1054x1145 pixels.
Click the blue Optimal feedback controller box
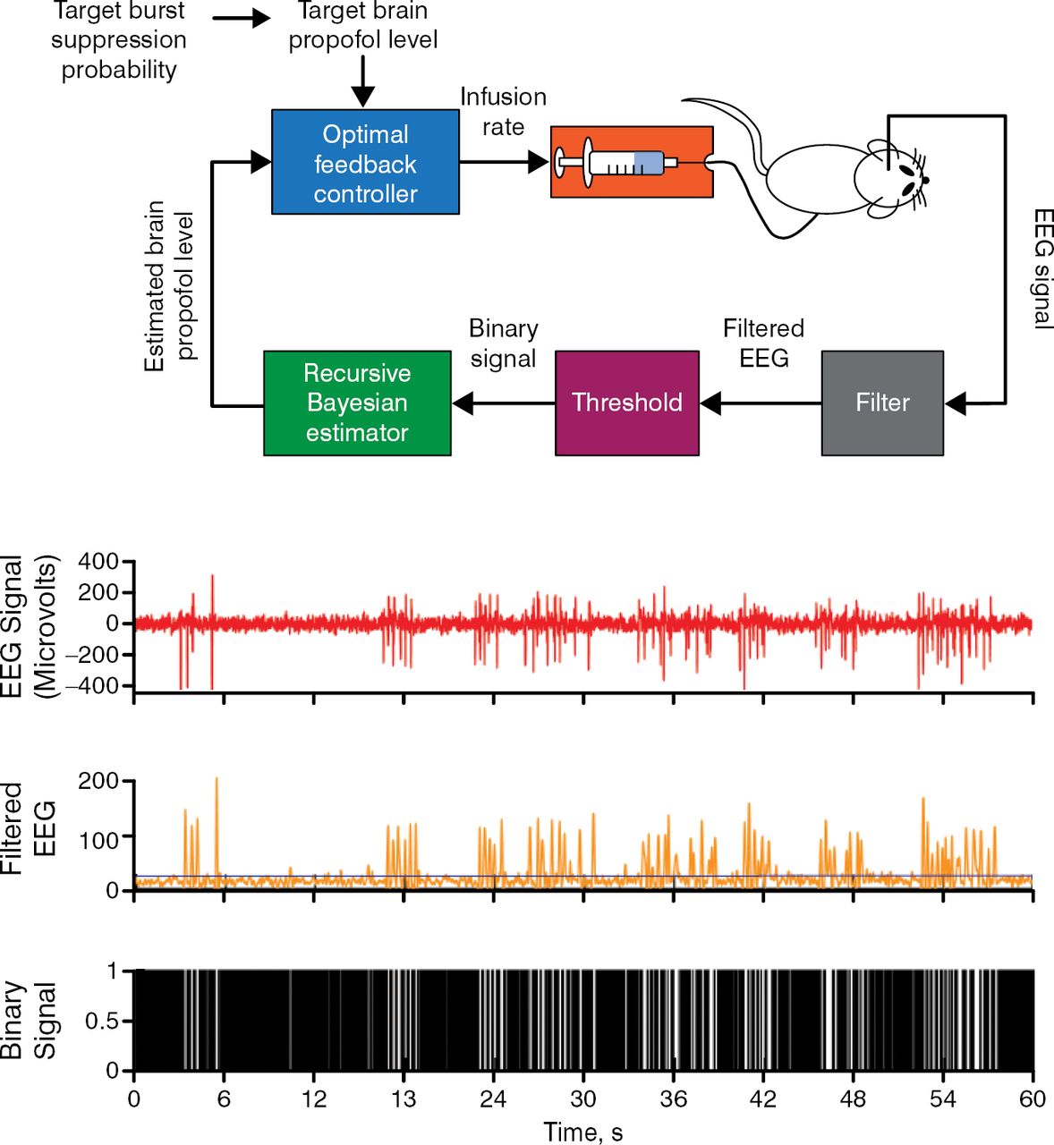365,162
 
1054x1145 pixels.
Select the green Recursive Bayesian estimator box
357,403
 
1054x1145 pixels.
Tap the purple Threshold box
626,403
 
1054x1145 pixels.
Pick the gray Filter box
882,403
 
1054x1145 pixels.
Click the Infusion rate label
503,112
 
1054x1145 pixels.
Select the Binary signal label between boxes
503,343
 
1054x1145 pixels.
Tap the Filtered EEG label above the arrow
763,343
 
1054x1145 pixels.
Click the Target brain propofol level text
362,25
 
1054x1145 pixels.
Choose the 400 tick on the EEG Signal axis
98,562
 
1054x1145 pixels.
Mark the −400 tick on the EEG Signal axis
93,686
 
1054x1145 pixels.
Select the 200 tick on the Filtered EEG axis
98,781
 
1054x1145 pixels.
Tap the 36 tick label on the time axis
673,1099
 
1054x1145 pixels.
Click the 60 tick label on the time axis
1033,1099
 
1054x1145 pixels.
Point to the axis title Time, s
582,1132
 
